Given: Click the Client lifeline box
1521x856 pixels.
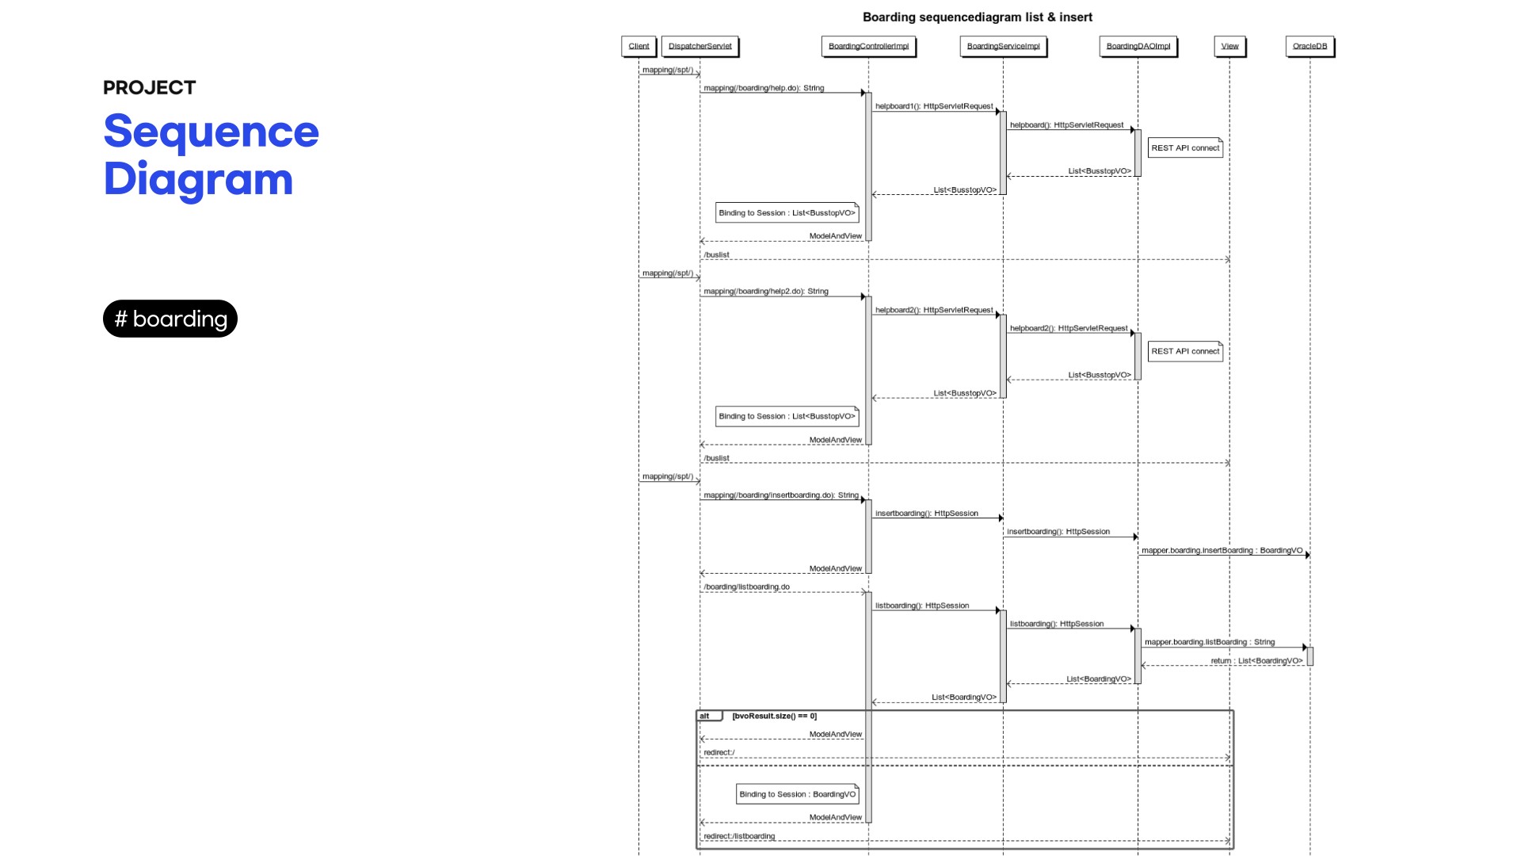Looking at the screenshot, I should pos(639,46).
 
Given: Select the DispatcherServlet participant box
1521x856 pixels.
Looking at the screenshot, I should pos(700,46).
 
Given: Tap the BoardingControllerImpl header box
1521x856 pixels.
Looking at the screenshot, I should pos(868,46).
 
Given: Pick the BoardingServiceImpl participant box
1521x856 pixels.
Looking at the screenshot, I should pos(1003,46).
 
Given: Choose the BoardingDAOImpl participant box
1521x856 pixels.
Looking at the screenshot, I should pos(1138,46).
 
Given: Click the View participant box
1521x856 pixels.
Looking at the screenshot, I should pos(1229,46).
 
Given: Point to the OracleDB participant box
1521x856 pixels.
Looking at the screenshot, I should pos(1309,46).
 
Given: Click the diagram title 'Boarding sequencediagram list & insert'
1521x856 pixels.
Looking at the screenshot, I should pos(977,17).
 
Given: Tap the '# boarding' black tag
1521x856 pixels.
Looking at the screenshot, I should pos(170,319).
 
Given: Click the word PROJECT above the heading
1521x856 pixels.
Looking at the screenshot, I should pos(149,88).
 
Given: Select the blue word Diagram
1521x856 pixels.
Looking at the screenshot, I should pos(198,179).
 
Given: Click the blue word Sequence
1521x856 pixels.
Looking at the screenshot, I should pos(211,132).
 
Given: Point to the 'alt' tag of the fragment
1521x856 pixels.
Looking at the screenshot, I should pos(706,716).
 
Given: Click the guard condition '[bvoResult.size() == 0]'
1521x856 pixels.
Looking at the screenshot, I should pos(774,716).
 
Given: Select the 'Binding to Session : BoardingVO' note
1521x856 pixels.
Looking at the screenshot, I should pos(797,794).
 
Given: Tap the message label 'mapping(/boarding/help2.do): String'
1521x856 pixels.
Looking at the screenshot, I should pos(765,291).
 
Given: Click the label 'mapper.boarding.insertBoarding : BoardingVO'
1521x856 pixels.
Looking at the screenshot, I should pos(1222,550).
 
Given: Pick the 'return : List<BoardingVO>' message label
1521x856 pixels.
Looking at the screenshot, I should pos(1256,660).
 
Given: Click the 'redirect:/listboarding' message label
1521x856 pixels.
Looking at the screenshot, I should pos(739,835).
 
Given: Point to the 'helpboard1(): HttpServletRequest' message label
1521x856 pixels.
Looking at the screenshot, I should pos(933,106).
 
